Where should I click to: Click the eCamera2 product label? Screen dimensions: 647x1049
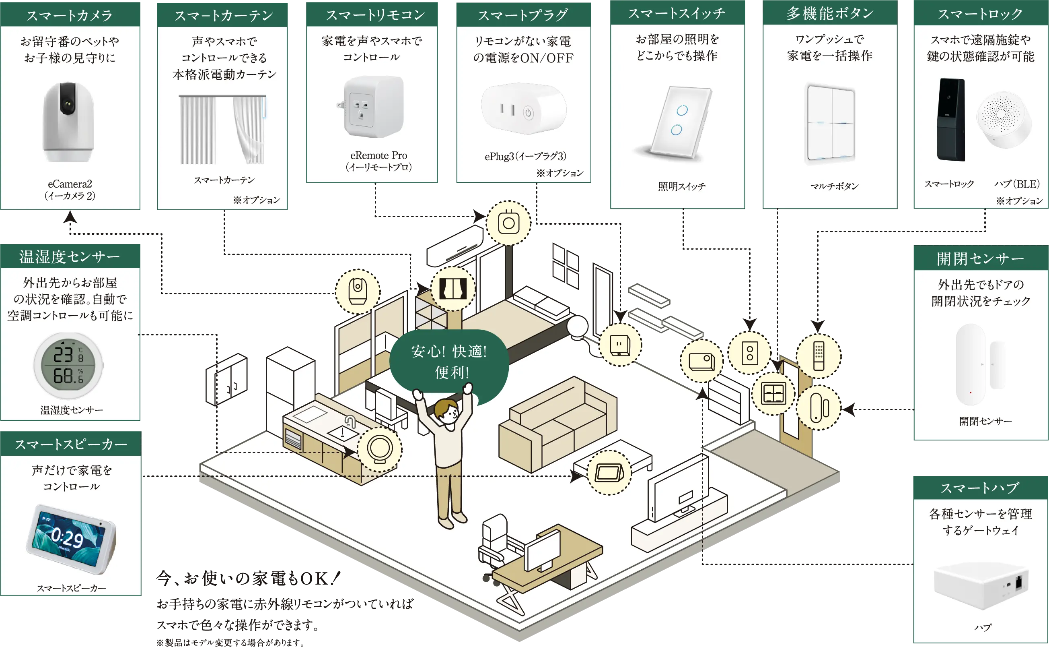pyautogui.click(x=70, y=190)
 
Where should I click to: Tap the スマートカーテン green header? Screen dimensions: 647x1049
pyautogui.click(x=224, y=15)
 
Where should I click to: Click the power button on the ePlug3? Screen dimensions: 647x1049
pyautogui.click(x=529, y=113)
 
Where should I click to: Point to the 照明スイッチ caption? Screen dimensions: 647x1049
pyautogui.click(x=682, y=186)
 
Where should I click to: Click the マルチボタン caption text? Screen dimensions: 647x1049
pyautogui.click(x=834, y=186)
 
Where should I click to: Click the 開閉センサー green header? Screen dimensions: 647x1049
pyautogui.click(x=981, y=258)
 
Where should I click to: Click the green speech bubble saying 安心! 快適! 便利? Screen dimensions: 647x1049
pyautogui.click(x=449, y=362)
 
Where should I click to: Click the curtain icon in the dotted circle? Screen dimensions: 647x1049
pyautogui.click(x=453, y=289)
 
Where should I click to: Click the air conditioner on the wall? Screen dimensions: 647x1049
pyautogui.click(x=455, y=246)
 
